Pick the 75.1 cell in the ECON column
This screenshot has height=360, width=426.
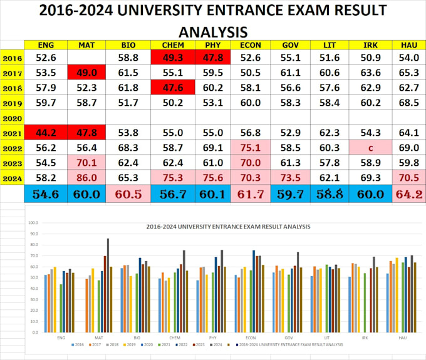coord(250,148)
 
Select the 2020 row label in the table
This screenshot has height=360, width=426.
coord(13,118)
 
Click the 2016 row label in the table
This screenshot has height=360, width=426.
coord(13,58)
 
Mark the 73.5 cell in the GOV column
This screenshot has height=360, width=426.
coord(291,178)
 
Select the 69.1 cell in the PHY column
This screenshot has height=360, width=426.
coord(210,148)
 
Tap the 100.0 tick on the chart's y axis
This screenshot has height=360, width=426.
coord(33,222)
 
